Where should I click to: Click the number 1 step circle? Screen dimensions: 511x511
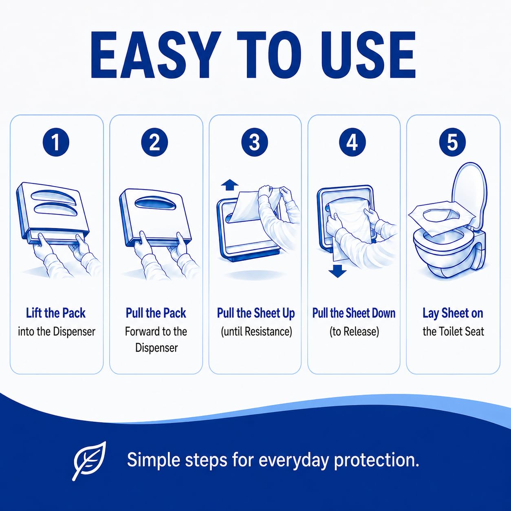coord(56,143)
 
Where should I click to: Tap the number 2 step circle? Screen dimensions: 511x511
coord(154,143)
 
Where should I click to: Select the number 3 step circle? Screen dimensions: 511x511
coord(255,142)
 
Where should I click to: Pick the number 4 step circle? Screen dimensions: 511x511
coord(352,142)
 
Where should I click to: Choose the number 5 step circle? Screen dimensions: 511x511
coord(452,142)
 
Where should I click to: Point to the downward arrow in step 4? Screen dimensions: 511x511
coord(337,272)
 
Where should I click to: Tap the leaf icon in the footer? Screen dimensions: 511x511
coord(90,461)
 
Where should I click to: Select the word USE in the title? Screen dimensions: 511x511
coord(366,55)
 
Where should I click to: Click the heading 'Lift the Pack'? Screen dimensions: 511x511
coord(56,313)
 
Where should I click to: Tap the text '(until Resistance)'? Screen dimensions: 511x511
coord(256,332)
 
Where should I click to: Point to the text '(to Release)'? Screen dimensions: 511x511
coord(354,332)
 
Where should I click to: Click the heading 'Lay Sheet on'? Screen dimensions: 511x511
coord(453,313)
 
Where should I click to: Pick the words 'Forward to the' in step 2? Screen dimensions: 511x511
coord(156,332)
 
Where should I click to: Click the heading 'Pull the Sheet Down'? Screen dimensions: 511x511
coord(354,313)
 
